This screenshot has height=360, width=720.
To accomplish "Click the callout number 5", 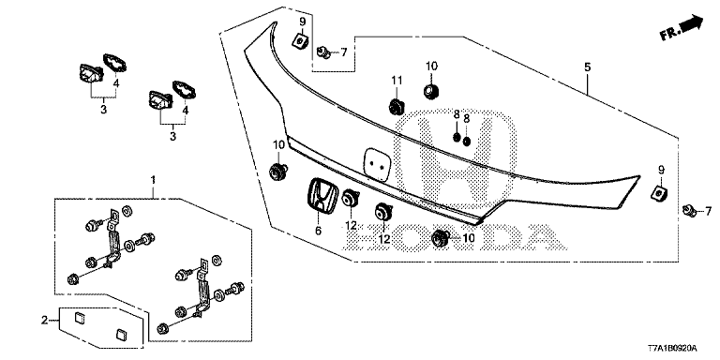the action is pos(587,67).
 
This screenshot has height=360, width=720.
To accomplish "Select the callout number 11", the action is pos(397,81).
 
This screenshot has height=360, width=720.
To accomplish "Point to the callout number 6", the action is pos(318,231).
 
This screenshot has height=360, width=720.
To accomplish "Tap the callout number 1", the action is pos(154,179).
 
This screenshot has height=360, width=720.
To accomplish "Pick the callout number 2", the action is pos(45,320).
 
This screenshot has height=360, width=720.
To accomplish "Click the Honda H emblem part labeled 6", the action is pos(319,194).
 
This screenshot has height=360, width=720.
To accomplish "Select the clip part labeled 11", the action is pos(396,107).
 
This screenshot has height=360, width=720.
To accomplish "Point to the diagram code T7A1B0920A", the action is pos(673,348).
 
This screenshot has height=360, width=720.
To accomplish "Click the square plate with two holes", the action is pos(376,164).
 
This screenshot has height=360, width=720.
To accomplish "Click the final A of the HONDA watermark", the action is pos(542,238).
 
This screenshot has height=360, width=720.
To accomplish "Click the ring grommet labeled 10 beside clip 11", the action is pos(430,91).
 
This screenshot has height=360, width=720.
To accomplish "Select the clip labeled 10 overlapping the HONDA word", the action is pos(441,237).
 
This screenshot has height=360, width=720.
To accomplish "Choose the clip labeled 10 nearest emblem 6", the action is pos(278,171).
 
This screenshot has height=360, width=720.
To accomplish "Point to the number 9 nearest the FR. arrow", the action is pos(662,170).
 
